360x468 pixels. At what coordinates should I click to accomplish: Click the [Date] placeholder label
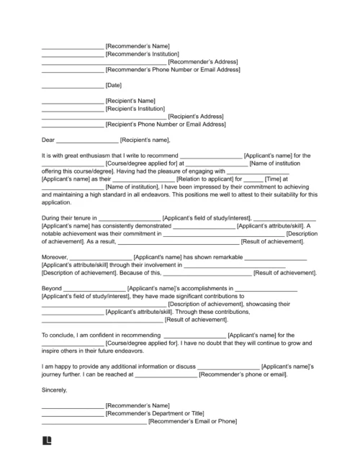[x=115, y=85]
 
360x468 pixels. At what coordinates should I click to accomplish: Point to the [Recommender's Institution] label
[x=143, y=54]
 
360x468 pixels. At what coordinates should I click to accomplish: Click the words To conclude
[x=61, y=335]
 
